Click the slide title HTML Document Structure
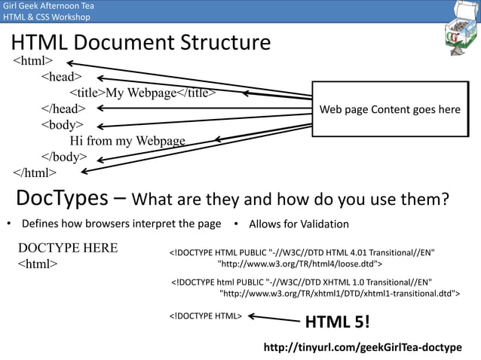(x=140, y=42)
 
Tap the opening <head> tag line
(x=61, y=77)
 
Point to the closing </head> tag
(x=63, y=109)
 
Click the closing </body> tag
(x=63, y=157)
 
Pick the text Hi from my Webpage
(x=127, y=141)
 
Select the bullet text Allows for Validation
(x=299, y=224)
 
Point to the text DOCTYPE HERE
(x=68, y=249)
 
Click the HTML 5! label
(x=336, y=322)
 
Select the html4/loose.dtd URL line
(x=299, y=264)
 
